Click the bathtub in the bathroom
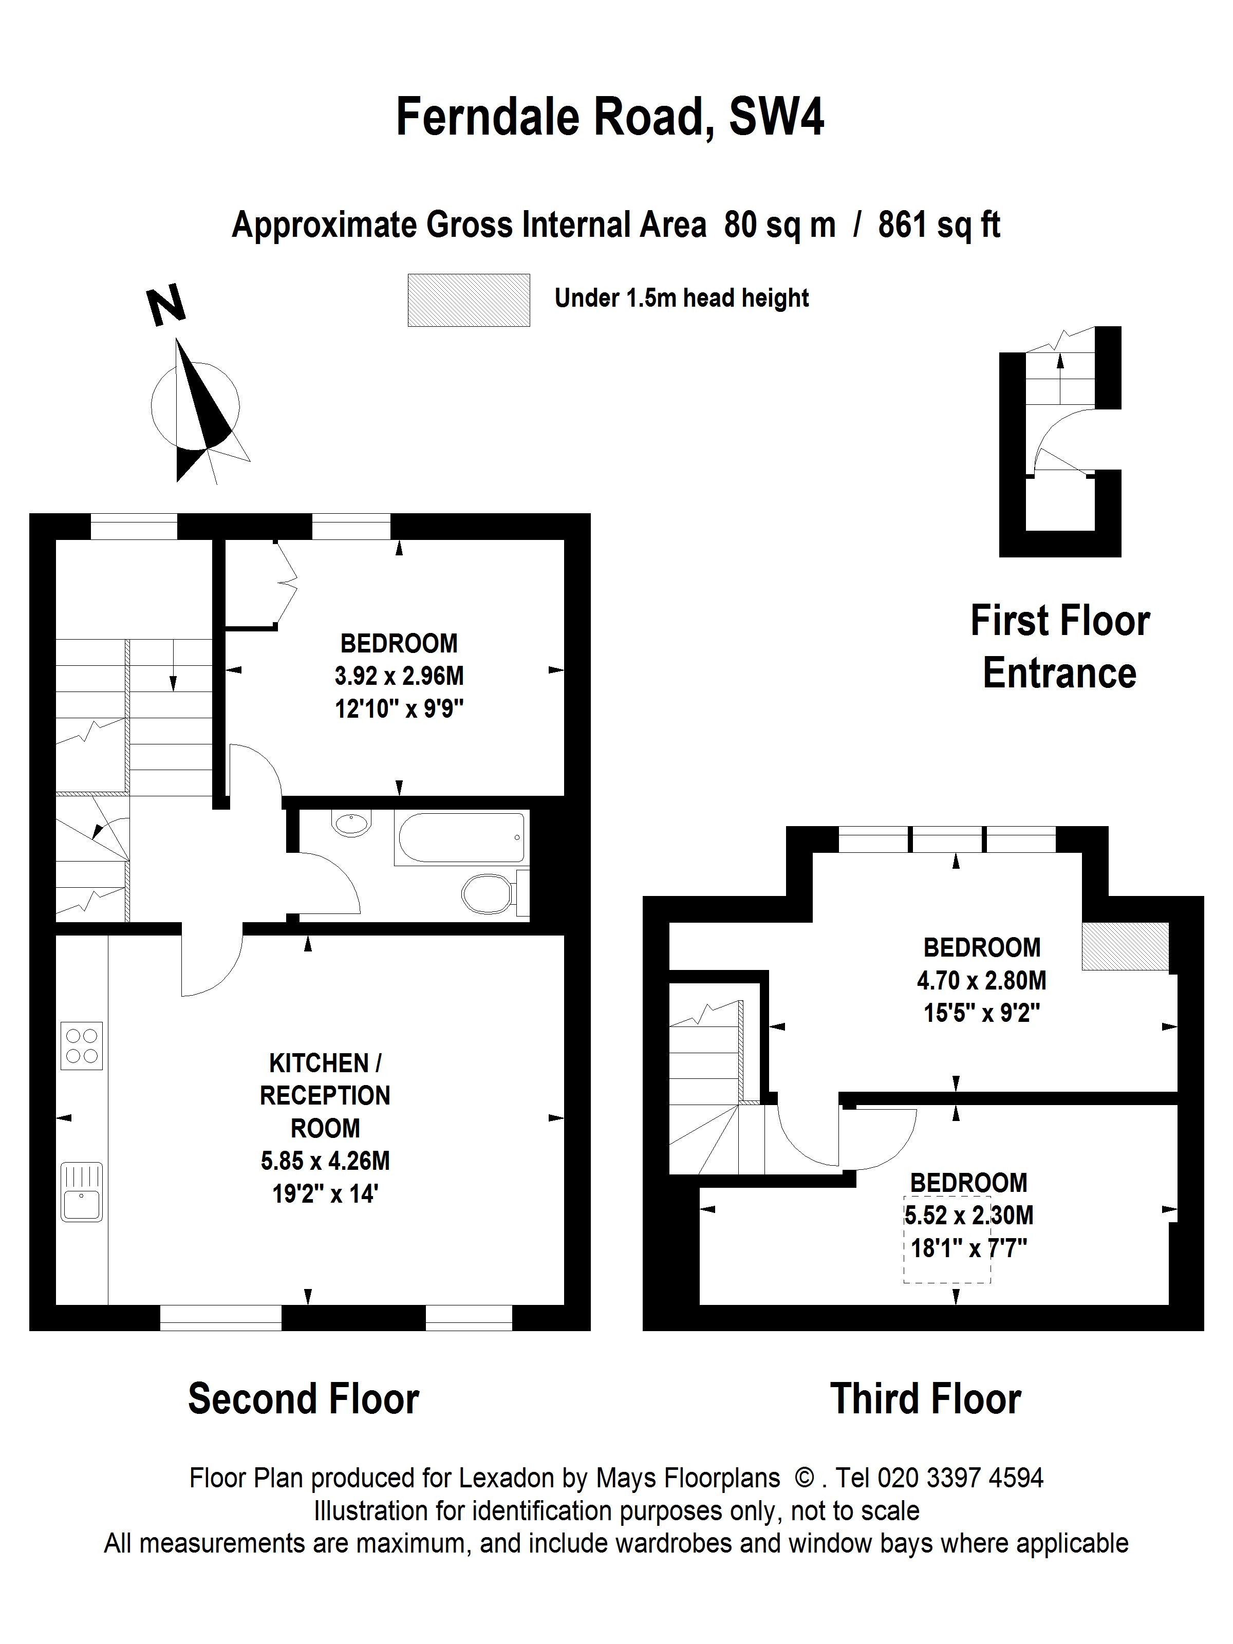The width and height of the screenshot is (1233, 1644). [x=461, y=837]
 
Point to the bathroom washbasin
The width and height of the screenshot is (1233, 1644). [x=351, y=824]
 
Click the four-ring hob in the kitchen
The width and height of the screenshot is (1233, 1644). [x=81, y=1045]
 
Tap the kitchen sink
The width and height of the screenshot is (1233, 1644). [x=82, y=1191]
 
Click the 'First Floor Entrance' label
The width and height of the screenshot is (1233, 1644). [x=1060, y=647]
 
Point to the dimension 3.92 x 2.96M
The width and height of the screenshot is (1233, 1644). [x=399, y=676]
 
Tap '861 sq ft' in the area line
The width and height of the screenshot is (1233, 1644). [x=939, y=225]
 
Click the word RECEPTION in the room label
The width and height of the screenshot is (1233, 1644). [x=325, y=1095]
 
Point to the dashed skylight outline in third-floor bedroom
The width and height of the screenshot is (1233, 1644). [x=947, y=1239]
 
